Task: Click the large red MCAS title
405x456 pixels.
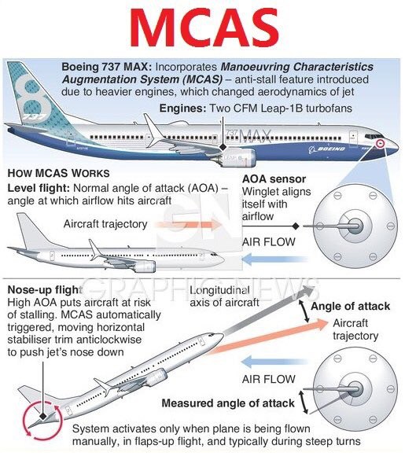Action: point(204,28)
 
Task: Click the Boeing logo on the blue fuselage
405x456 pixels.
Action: point(326,149)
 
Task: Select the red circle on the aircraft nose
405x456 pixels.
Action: point(380,143)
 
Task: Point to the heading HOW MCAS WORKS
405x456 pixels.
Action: point(58,173)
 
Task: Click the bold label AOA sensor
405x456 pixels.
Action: point(274,179)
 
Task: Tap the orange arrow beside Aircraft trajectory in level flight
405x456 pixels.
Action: point(188,225)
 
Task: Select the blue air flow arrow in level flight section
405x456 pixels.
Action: point(274,259)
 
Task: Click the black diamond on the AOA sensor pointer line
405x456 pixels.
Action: point(296,226)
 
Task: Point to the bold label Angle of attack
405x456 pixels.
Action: point(350,307)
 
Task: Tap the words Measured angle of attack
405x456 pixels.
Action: point(228,403)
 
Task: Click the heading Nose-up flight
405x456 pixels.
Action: point(45,290)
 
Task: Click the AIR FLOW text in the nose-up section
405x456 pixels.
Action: point(268,379)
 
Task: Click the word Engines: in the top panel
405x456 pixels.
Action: point(182,108)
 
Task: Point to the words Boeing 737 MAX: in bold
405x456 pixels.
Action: point(106,67)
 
